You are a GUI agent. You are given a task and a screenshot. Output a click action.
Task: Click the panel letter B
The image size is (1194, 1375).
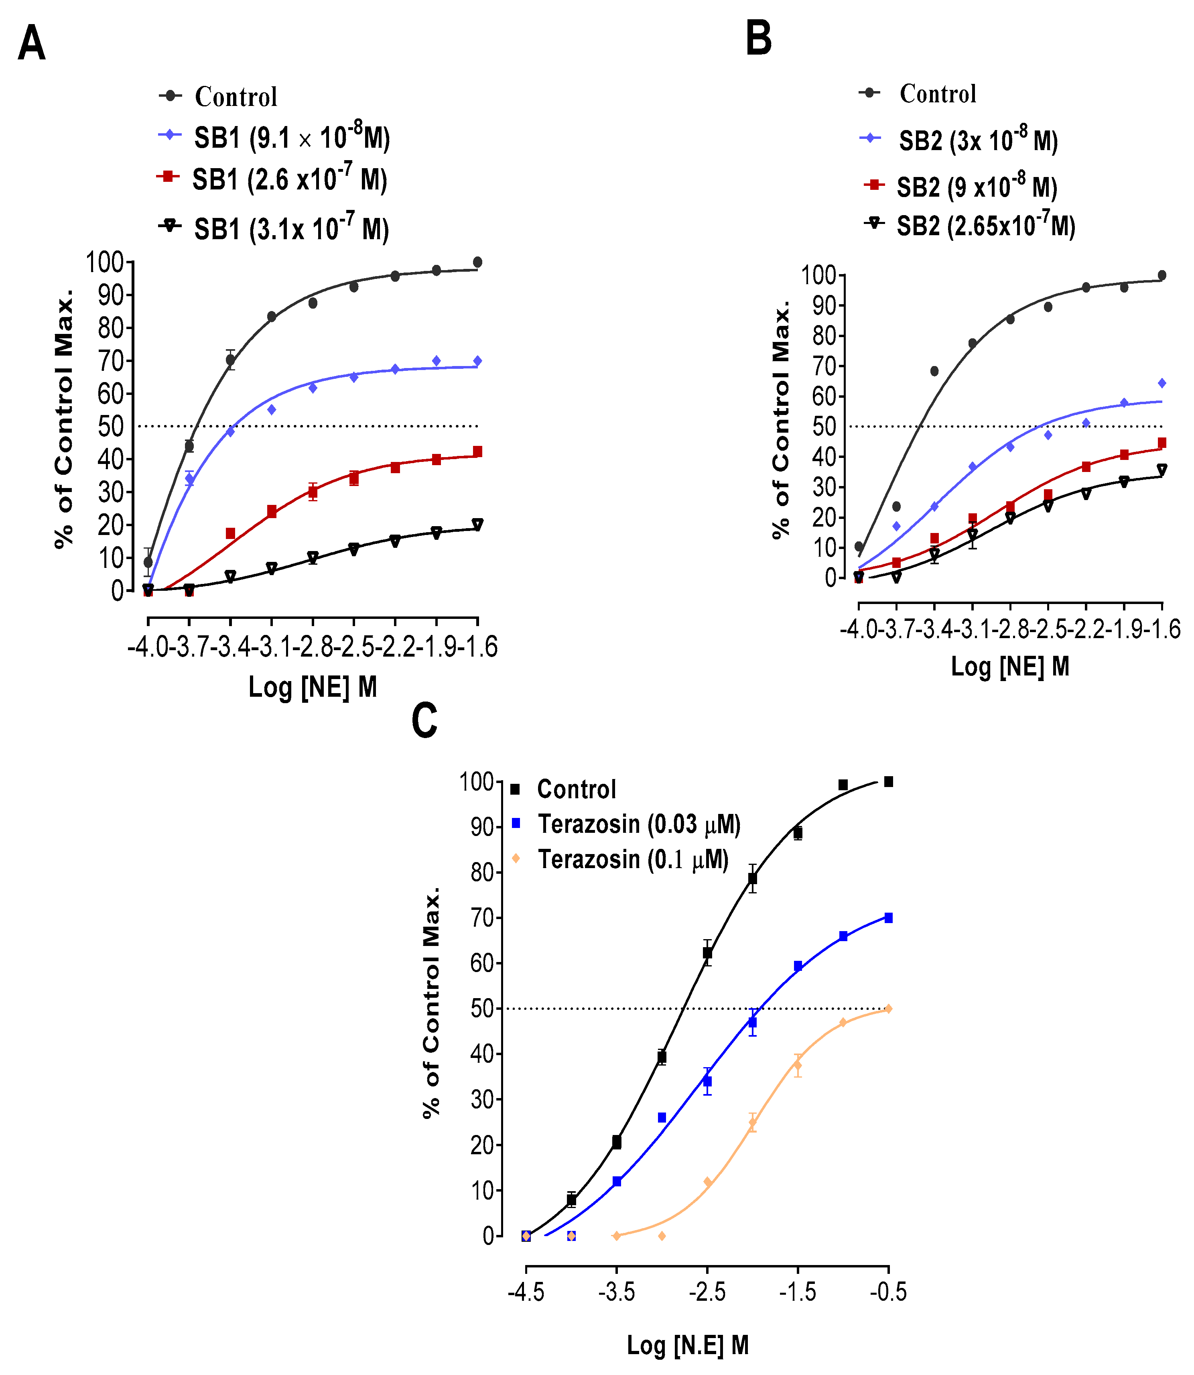pos(758,38)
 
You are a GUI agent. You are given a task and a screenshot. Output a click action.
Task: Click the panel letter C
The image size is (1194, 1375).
pos(424,720)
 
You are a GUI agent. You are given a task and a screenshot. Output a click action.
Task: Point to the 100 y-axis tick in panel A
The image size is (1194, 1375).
pos(105,262)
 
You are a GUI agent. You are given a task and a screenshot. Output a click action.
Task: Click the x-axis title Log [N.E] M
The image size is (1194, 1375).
pos(688,1345)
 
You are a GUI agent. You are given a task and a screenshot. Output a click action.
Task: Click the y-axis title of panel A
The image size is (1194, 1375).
pos(63,419)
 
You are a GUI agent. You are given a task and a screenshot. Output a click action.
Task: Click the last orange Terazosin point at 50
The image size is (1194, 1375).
pos(888,1009)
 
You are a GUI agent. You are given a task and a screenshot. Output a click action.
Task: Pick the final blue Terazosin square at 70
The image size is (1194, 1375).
pos(888,918)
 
